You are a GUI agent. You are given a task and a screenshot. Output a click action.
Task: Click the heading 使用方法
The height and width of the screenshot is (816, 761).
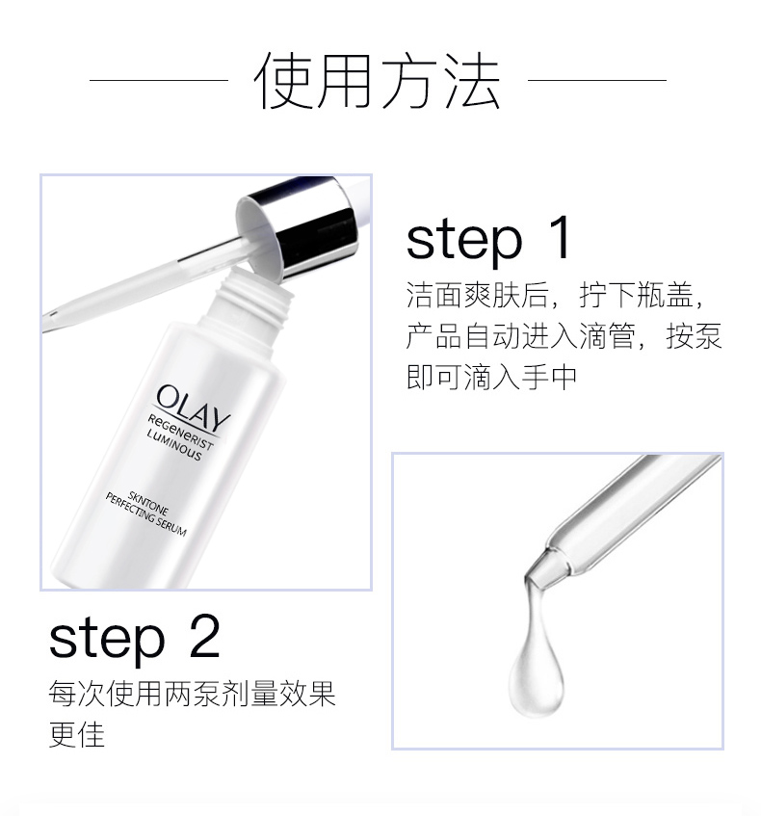point(379,81)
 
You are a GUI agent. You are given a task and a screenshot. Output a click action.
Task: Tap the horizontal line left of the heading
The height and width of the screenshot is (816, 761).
point(159,80)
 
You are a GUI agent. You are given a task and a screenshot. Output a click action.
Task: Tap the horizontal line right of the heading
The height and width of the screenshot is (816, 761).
point(597,80)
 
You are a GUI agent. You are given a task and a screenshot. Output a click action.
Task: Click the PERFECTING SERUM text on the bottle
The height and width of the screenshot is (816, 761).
point(145,515)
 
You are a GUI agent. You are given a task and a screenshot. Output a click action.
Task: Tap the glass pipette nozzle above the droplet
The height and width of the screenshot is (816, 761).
point(541,568)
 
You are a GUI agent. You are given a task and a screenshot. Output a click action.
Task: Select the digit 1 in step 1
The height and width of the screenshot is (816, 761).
point(563,238)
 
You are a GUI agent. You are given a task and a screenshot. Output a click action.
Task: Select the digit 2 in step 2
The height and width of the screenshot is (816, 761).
point(204,637)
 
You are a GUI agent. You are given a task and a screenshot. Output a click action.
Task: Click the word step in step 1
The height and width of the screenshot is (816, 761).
point(463,241)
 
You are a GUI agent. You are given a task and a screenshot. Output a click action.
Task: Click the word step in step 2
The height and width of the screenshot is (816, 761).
point(106,640)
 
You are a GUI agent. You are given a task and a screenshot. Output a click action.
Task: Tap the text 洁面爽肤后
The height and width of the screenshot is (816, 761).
point(477,295)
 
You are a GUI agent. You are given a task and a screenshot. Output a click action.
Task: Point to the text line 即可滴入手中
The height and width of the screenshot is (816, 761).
point(491,377)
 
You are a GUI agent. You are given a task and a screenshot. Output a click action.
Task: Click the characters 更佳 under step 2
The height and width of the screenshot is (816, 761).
point(77,734)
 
